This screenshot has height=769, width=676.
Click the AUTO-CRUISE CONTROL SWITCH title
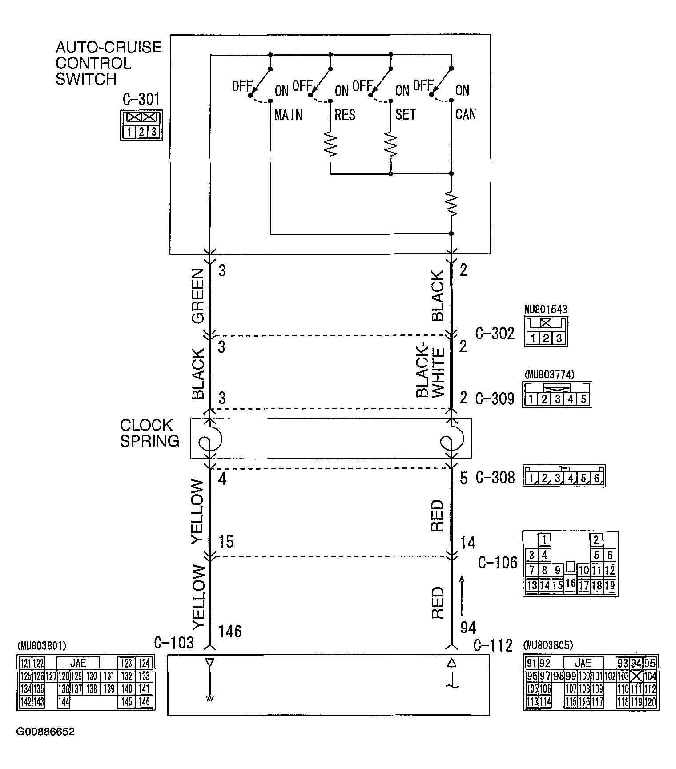[x=108, y=63]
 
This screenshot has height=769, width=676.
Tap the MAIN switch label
[x=288, y=115]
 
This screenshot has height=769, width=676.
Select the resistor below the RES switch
[x=330, y=143]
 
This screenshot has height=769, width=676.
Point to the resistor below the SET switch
[x=390, y=143]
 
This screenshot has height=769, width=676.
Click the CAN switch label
[x=465, y=115]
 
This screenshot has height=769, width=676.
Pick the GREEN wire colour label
[x=197, y=296]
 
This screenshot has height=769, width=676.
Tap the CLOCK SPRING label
[x=149, y=433]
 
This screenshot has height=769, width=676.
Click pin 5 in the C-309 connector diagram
[x=583, y=399]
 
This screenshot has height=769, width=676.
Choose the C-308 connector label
[x=495, y=478]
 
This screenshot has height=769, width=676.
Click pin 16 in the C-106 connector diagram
[x=570, y=583]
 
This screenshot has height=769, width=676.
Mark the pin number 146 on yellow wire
[x=230, y=631]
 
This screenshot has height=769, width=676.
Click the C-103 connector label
[x=173, y=643]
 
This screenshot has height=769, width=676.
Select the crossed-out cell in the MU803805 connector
[x=636, y=676]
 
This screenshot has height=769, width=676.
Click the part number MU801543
[x=545, y=309]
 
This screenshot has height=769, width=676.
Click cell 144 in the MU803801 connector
[x=64, y=702]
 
